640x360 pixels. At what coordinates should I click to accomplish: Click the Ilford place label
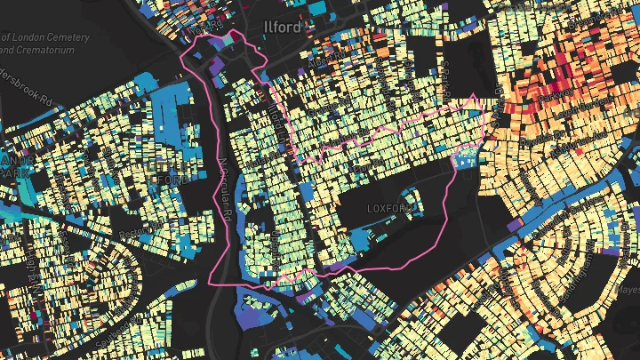(284, 28)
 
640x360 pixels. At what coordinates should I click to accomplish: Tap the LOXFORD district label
(391, 207)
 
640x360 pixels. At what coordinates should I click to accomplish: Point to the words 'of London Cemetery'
(44, 37)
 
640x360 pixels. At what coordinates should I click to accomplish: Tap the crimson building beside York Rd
(233, 37)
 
